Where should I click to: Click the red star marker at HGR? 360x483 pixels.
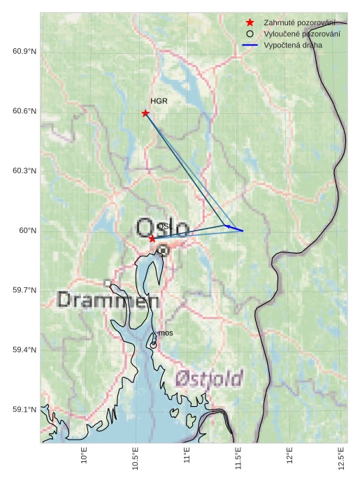[x=145, y=113]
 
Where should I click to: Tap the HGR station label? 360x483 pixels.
[x=159, y=101]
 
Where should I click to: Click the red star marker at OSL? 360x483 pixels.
[x=152, y=238]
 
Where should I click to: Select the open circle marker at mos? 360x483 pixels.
[x=153, y=345]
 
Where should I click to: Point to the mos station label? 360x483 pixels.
[x=166, y=333]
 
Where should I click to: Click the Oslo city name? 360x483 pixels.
[x=161, y=229]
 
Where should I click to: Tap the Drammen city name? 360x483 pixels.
[x=108, y=301]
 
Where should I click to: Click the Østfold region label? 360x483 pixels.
[x=209, y=378]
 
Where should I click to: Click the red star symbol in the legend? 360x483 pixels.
[x=250, y=22]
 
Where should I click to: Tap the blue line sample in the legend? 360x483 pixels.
[x=250, y=45]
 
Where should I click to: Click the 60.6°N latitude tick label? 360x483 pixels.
[x=24, y=112]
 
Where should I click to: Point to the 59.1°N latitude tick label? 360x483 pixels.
[x=24, y=410]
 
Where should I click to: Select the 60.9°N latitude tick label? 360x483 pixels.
[x=24, y=52]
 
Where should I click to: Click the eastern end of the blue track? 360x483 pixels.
[x=243, y=231]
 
